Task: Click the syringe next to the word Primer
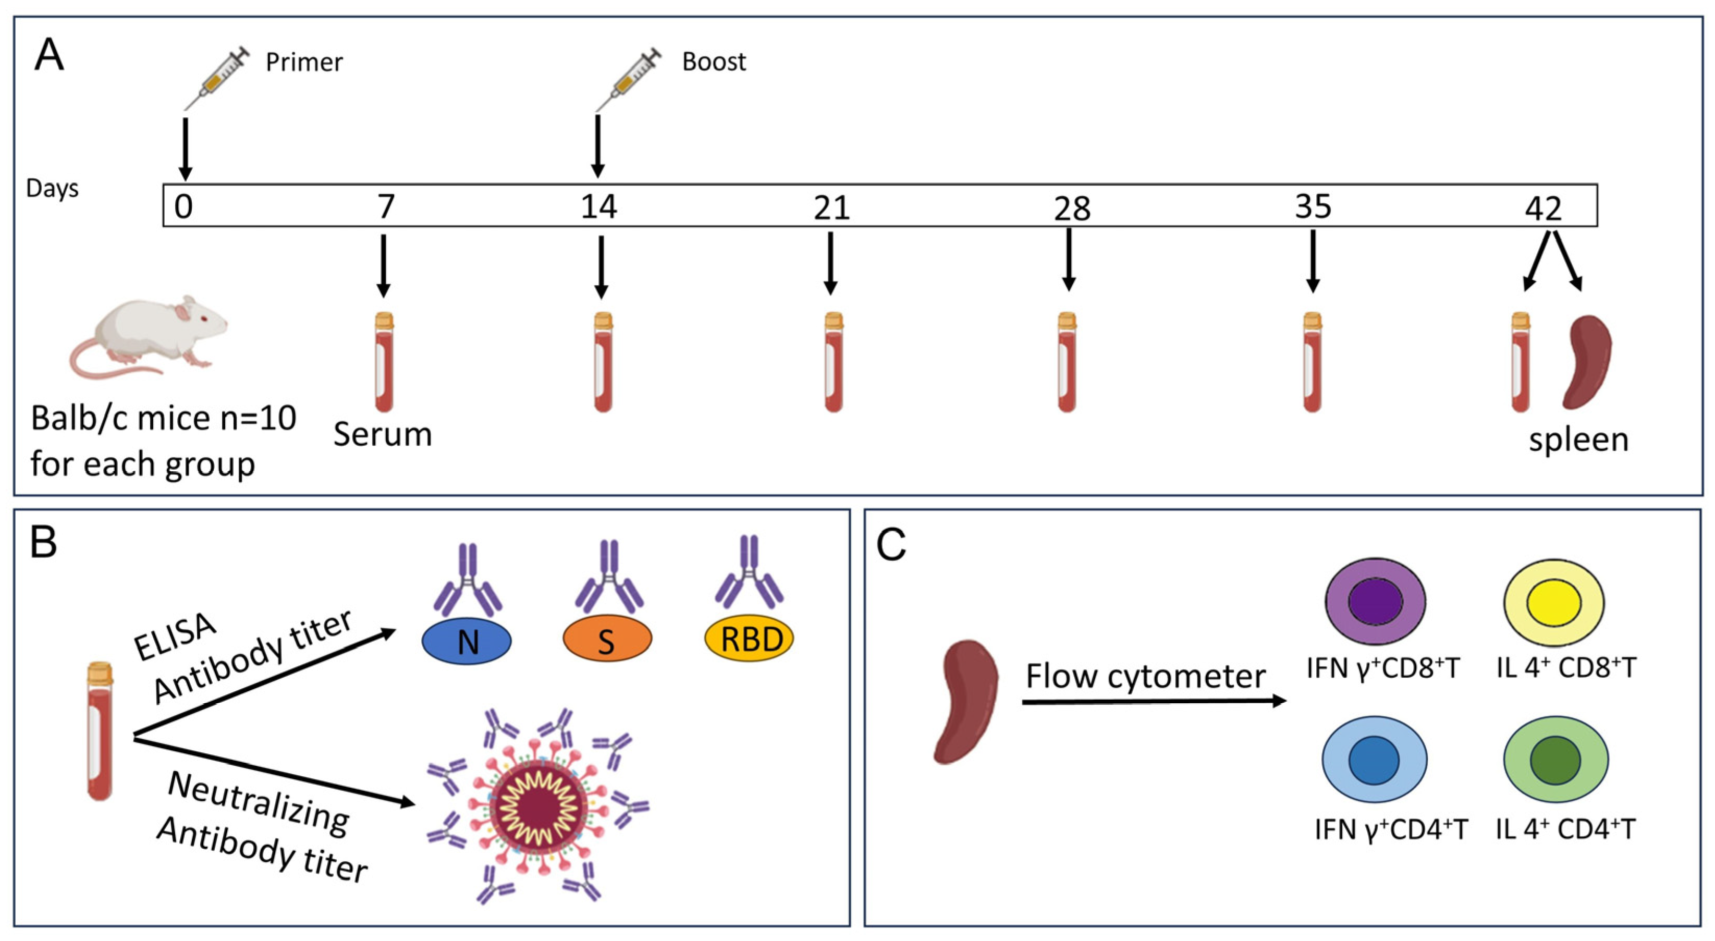click(216, 79)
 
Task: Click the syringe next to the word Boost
click(629, 79)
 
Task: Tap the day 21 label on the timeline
click(831, 209)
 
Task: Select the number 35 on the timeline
click(1313, 206)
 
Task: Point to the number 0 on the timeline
click(183, 206)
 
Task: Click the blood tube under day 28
click(1067, 363)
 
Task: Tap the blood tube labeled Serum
click(384, 363)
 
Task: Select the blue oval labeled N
click(467, 641)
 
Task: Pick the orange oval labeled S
click(607, 641)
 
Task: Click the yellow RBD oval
click(749, 639)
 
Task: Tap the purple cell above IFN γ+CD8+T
click(1375, 601)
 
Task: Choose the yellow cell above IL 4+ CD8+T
click(1554, 603)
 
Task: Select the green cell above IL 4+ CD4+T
click(1555, 759)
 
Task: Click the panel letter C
click(891, 545)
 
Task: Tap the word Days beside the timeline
click(52, 189)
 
